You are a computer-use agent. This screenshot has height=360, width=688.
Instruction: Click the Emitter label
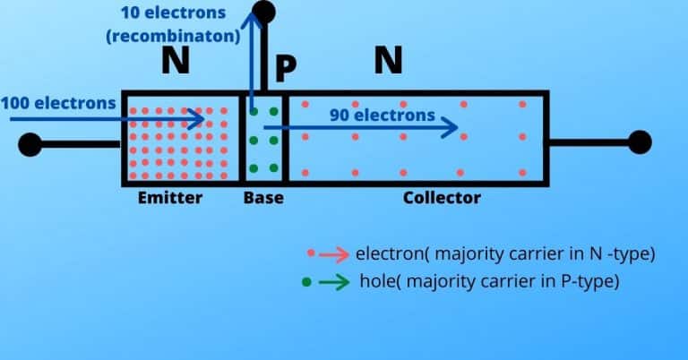tap(170, 198)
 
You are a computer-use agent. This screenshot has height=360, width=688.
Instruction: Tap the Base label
tap(263, 198)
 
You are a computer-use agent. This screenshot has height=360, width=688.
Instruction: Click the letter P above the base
tap(285, 68)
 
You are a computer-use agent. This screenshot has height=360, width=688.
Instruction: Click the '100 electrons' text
tap(58, 102)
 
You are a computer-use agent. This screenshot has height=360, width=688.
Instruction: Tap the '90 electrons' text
tap(382, 115)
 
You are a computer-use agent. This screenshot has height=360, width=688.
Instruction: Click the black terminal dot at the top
tap(263, 12)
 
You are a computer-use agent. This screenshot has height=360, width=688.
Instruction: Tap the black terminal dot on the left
tap(30, 143)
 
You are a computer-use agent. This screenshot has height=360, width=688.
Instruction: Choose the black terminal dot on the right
tap(640, 141)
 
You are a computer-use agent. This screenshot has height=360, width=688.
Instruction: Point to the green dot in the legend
tap(307, 281)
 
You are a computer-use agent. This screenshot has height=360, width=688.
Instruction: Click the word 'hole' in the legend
tap(376, 280)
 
